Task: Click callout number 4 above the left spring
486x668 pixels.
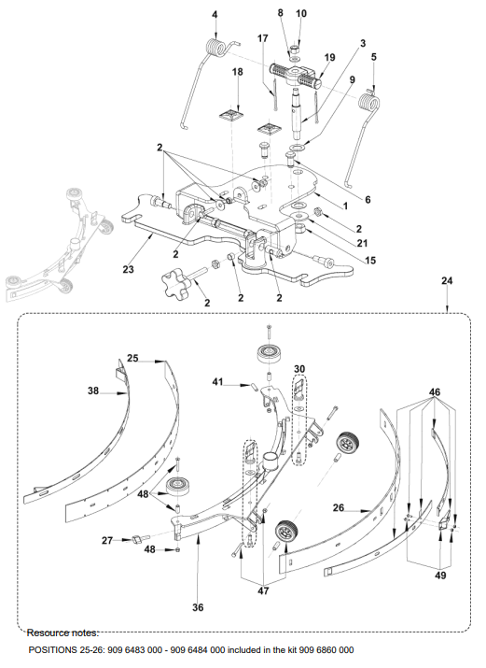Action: [x=215, y=15]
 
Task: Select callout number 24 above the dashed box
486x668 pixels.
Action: [x=447, y=281]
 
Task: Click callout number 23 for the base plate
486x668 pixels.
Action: [x=128, y=269]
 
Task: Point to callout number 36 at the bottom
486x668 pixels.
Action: [x=198, y=607]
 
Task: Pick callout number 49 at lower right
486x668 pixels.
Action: [x=441, y=576]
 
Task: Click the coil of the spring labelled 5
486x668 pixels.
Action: [x=369, y=106]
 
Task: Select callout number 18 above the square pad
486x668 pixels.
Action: [x=238, y=72]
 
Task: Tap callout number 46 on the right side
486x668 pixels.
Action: [x=435, y=392]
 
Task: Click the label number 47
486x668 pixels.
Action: [x=264, y=590]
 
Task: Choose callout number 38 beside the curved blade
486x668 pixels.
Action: [x=93, y=391]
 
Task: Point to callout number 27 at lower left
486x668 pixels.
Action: [x=107, y=540]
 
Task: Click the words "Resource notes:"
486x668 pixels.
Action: [x=62, y=633]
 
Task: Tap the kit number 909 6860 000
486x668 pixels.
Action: [x=326, y=650]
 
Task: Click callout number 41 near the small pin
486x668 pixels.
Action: [x=217, y=382]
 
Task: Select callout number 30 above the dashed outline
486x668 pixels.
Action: [x=299, y=369]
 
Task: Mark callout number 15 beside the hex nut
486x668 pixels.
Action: [x=370, y=261]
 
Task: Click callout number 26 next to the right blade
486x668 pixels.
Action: [x=339, y=508]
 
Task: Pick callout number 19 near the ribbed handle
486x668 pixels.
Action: [x=330, y=58]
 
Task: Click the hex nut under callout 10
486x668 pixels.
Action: [x=295, y=48]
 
